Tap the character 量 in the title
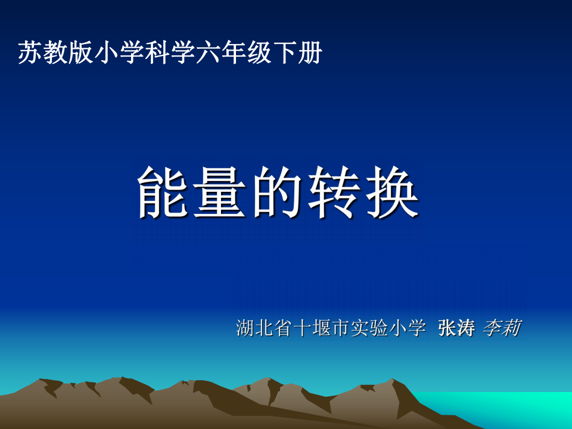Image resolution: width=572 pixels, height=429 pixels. [x=219, y=192]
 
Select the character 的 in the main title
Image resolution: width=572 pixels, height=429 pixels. [x=277, y=192]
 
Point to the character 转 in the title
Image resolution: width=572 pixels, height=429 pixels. [x=334, y=192]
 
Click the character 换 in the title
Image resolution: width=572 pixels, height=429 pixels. [x=392, y=192]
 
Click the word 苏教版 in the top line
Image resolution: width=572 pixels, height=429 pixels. [x=55, y=52]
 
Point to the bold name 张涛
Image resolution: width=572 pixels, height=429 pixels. [x=456, y=328]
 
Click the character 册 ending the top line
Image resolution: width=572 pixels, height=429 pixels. [x=310, y=52]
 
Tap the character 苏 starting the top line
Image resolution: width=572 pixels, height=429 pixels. [x=30, y=52]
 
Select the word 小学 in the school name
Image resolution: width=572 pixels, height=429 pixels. [x=407, y=328]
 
